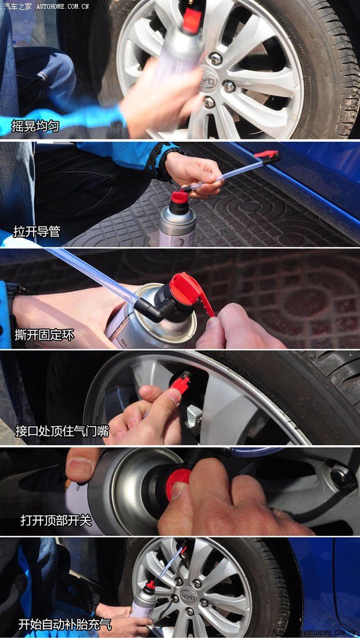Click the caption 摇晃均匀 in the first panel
(x=35, y=125)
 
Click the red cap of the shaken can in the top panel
(x=191, y=20)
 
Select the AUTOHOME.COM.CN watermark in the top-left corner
(x=63, y=6)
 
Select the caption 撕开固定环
(x=44, y=335)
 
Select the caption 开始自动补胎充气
(x=64, y=625)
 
